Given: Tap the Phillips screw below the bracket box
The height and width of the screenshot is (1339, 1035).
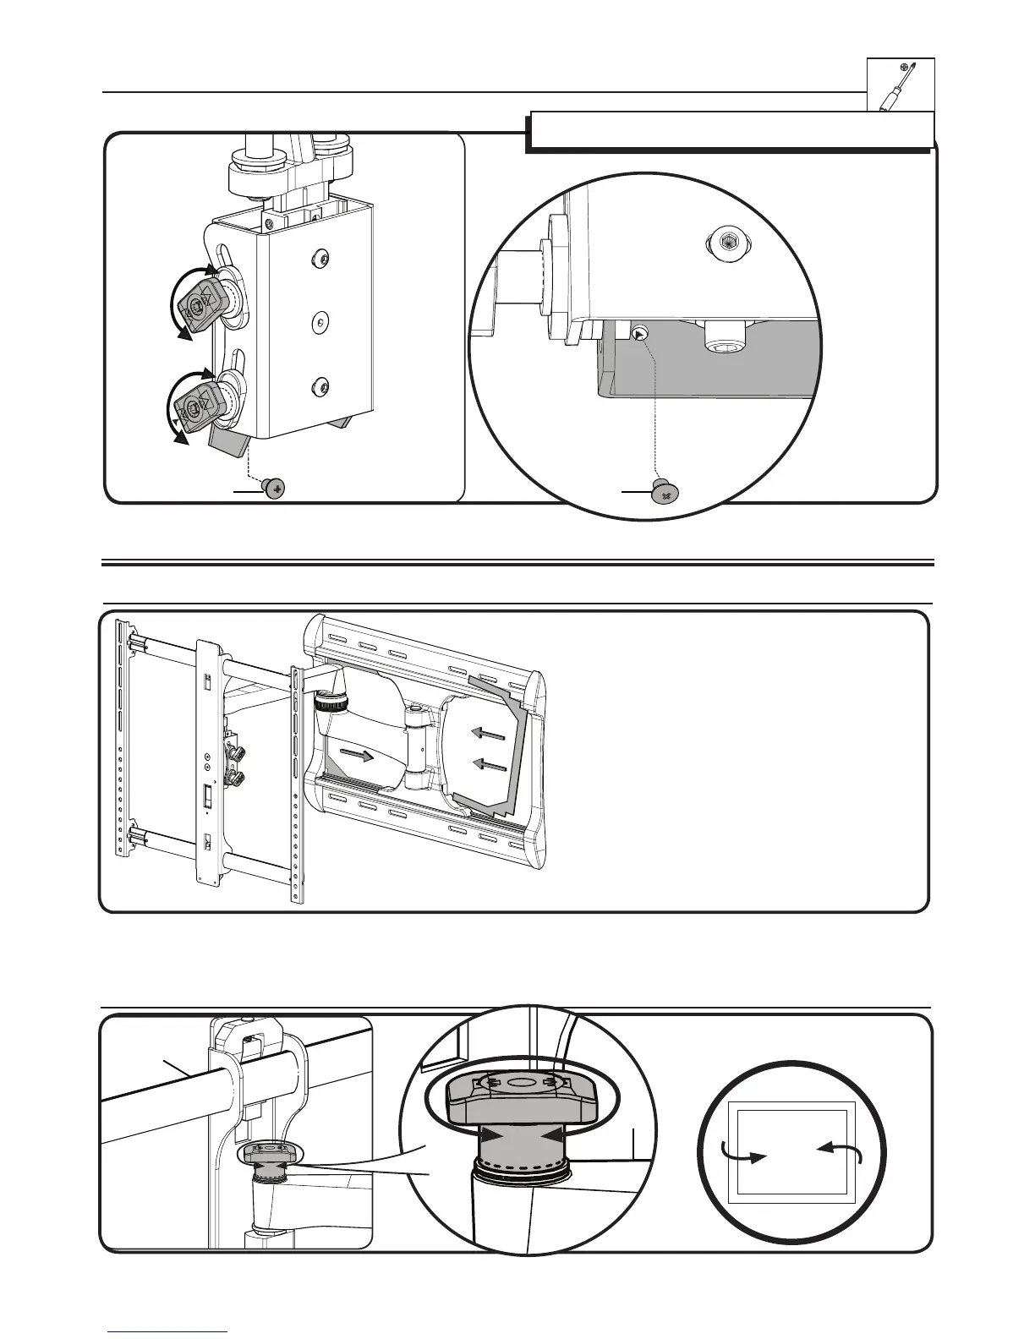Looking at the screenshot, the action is [274, 489].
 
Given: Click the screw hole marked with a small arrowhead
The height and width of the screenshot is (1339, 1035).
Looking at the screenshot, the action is [641, 335].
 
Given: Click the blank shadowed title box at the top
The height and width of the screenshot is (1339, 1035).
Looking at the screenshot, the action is [729, 130].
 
